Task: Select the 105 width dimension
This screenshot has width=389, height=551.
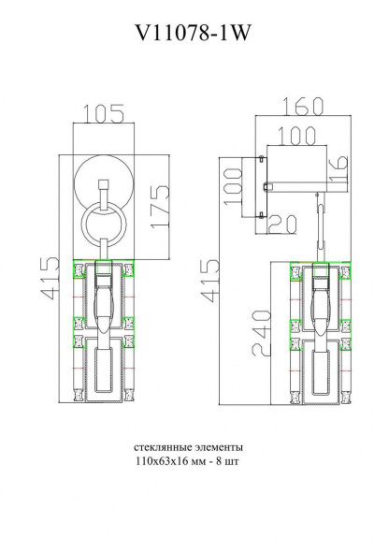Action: (x=104, y=114)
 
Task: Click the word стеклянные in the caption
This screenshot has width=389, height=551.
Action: (x=162, y=448)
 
